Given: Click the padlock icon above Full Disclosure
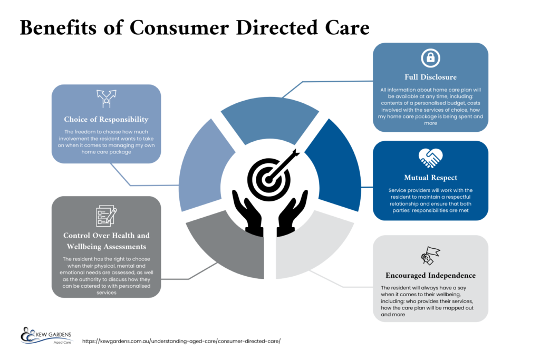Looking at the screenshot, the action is tap(430, 58).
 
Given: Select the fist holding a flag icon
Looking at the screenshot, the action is tap(430, 256).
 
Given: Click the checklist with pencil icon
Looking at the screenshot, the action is tap(107, 216).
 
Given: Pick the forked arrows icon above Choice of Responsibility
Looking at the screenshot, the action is tap(107, 99).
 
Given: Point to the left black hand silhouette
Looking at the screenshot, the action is tap(248, 213).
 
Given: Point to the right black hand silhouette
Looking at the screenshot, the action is tap(292, 213).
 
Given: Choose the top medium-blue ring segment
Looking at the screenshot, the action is tap(269, 119).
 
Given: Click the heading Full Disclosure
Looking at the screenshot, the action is tap(430, 77).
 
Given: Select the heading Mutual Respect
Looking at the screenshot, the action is tap(430, 178).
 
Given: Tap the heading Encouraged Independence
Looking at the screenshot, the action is tap(430, 275).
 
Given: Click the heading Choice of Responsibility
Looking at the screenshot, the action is tap(106, 120).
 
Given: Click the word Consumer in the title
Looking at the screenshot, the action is tap(179, 27).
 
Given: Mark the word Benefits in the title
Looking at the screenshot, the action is tap(58, 27).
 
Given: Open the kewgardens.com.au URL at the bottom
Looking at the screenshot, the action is tap(181, 341).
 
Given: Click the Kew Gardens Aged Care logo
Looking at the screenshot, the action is tap(46, 336).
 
